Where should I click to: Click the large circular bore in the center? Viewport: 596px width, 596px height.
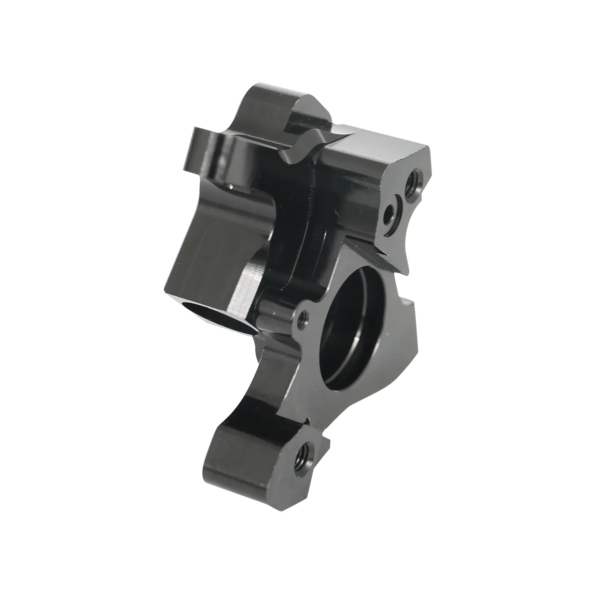(x=352, y=318)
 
